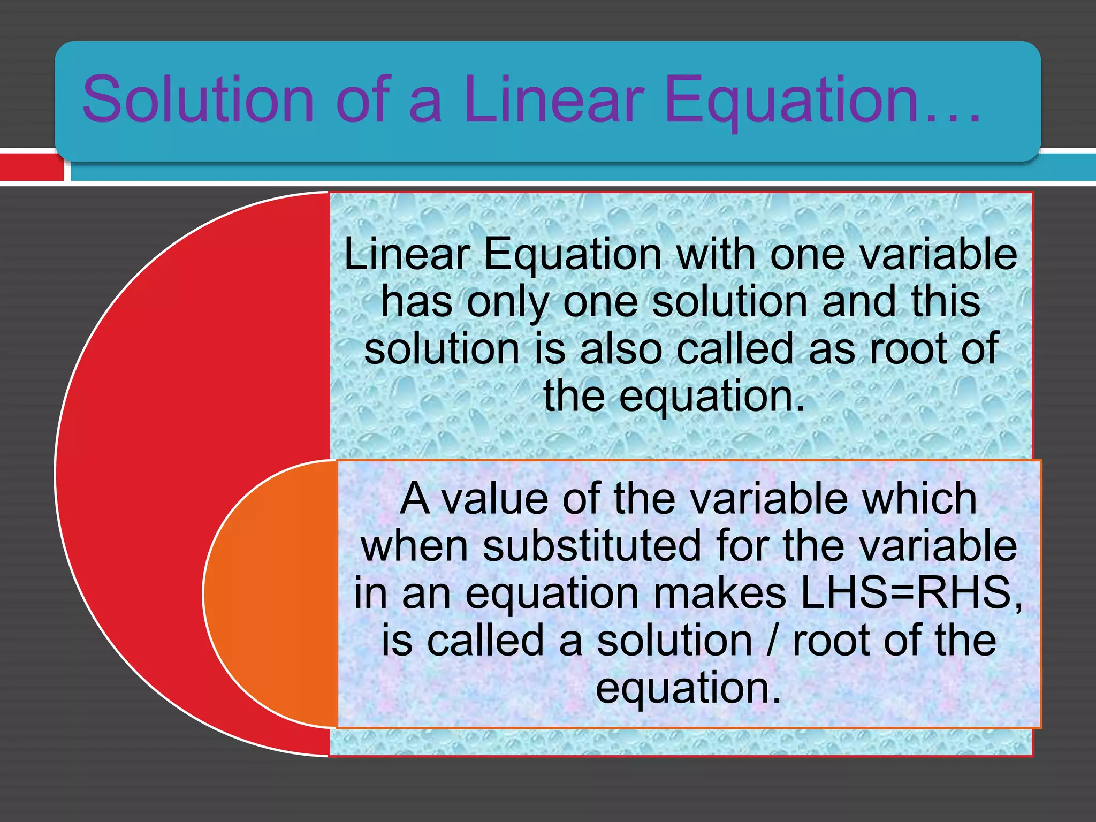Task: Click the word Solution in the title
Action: point(198,100)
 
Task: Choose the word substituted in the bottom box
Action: point(591,546)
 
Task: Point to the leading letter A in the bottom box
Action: point(415,499)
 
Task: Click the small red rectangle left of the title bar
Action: point(31,167)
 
